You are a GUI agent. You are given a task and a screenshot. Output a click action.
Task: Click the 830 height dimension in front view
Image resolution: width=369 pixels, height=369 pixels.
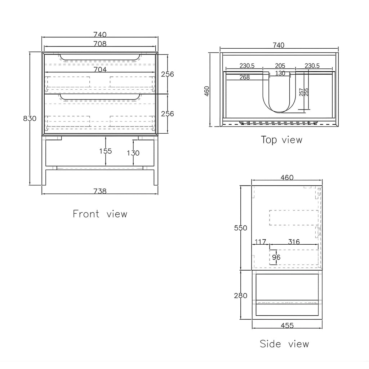point(30,118)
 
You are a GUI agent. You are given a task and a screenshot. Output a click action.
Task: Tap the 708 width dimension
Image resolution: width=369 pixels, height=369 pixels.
point(100,44)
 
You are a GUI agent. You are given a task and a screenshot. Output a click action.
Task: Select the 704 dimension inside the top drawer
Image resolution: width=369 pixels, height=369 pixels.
point(100,70)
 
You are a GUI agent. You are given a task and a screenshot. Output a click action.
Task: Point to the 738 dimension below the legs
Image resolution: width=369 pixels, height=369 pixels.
point(100,191)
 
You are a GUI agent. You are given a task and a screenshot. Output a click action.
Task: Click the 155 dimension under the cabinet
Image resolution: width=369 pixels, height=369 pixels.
point(106,151)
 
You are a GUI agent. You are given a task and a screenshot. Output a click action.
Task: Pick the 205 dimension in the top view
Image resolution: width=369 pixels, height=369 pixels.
point(280,66)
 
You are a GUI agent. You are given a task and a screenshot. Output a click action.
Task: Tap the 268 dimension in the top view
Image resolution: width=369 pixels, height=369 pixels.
point(245,77)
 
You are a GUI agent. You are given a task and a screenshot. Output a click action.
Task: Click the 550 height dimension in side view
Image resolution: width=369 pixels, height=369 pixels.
point(240,228)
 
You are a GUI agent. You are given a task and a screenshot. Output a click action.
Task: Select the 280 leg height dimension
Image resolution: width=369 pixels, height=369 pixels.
point(240,295)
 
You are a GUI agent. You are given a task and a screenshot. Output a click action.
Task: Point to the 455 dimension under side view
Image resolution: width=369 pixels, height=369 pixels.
point(287,325)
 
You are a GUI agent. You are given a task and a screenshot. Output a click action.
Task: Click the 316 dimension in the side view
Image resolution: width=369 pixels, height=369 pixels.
point(294,242)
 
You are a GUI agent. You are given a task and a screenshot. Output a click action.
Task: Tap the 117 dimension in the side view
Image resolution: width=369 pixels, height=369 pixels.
point(260,242)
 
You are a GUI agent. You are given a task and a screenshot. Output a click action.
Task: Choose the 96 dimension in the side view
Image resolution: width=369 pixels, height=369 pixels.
point(276,257)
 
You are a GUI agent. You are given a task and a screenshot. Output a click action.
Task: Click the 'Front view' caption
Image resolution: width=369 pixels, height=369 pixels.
point(100,214)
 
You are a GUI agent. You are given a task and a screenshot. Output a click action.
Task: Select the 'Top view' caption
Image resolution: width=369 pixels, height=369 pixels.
point(281,140)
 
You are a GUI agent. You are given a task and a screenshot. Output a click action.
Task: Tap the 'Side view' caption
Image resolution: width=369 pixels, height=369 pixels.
point(284,344)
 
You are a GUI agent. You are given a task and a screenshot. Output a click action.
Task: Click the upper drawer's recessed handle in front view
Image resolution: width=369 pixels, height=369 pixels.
point(100,59)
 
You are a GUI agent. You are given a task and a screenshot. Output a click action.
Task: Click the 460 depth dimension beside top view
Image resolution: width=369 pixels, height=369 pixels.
point(206,91)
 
